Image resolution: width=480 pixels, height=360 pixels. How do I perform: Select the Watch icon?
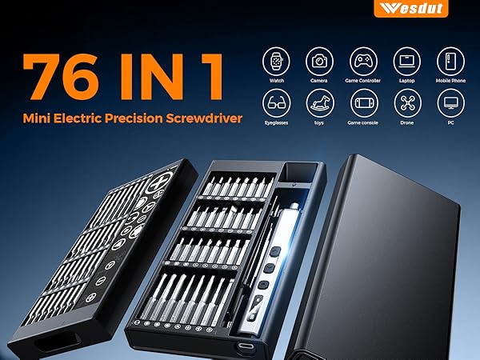pos(277,60)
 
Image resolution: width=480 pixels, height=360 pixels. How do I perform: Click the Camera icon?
pos(320,60)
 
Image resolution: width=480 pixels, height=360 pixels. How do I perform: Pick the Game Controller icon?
pos(364,60)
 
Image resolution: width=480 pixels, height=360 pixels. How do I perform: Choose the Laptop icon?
pos(407,60)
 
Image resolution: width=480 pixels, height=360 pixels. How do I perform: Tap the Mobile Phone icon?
pos(450,60)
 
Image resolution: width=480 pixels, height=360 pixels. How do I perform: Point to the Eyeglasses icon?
pos(277,102)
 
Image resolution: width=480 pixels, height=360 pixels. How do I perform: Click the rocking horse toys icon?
pos(320,102)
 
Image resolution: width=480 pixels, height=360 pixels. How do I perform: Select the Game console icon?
pos(364,102)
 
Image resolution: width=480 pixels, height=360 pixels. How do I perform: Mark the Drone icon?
pos(407,102)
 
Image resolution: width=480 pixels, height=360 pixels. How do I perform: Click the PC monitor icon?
pos(450,102)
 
